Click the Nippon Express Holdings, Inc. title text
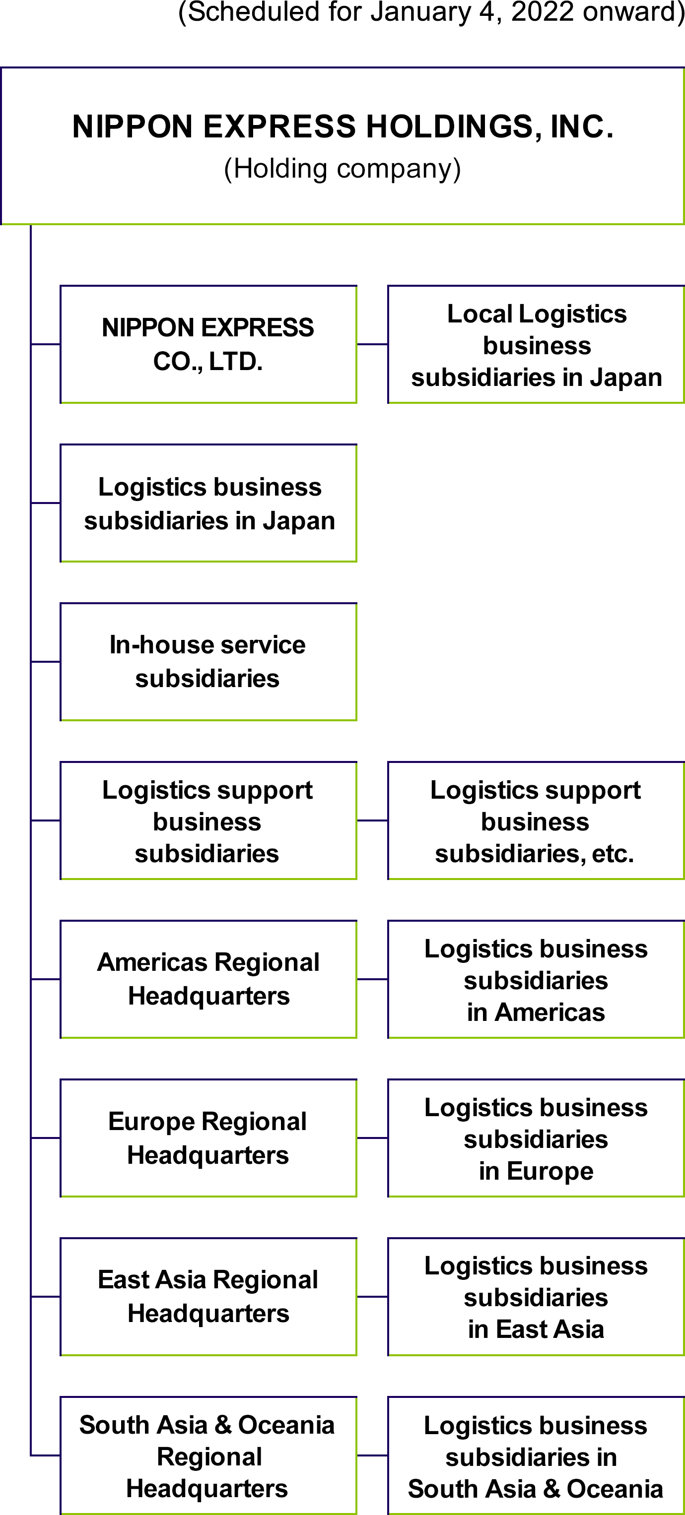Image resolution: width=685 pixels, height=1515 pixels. (342, 127)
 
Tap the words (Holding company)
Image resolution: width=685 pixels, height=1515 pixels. (342, 169)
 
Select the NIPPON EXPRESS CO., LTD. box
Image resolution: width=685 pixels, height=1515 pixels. (208, 345)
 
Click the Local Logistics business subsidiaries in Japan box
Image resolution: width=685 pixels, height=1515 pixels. (536, 345)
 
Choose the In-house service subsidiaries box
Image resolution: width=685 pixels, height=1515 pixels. (208, 662)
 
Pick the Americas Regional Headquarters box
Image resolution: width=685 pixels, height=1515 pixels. (208, 979)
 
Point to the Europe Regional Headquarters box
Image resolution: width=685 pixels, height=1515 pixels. (208, 1138)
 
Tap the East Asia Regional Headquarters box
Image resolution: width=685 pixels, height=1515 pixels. (208, 1296)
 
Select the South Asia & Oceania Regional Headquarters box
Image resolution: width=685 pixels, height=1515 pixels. (208, 1456)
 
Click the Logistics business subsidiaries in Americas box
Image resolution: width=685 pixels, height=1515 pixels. (536, 980)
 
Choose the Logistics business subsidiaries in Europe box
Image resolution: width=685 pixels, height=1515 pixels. (536, 1138)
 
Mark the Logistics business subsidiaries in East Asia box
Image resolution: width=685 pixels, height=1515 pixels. (536, 1297)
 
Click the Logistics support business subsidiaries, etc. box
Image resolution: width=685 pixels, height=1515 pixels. (536, 821)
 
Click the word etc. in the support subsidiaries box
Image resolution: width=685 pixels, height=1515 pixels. (613, 854)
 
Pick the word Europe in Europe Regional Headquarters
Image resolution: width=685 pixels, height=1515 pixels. (145, 1122)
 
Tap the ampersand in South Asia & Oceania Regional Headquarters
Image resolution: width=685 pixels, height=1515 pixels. (222, 1425)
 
